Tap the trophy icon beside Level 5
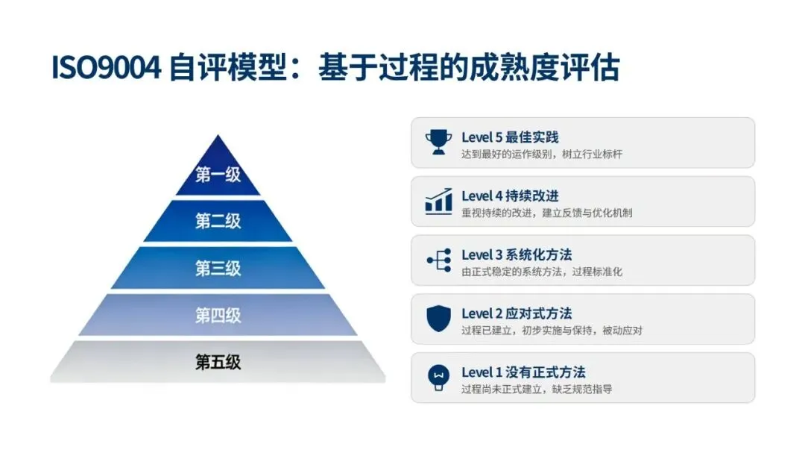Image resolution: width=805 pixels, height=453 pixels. click(x=438, y=142)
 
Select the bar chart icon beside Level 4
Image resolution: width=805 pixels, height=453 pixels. click(x=438, y=201)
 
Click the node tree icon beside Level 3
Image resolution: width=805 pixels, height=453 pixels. click(x=438, y=260)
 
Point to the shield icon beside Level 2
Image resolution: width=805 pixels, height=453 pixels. click(x=438, y=319)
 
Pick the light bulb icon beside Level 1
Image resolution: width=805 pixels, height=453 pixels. click(x=438, y=377)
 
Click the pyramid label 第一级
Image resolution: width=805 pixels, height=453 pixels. click(x=218, y=175)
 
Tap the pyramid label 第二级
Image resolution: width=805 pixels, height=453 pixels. click(x=218, y=221)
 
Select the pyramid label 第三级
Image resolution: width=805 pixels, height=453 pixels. click(x=218, y=268)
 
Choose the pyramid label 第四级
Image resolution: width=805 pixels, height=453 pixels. click(x=218, y=315)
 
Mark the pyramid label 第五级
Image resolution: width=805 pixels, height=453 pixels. click(x=218, y=363)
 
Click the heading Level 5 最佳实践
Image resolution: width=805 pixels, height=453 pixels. click(x=510, y=137)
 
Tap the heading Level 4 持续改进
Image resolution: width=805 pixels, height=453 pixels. click(x=510, y=196)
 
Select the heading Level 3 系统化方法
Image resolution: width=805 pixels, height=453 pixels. click(x=517, y=254)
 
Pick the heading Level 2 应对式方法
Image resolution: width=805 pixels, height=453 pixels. click(x=517, y=313)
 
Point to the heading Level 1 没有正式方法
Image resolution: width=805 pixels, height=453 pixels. click(x=523, y=372)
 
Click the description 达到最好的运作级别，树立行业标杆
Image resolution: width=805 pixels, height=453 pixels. click(x=542, y=154)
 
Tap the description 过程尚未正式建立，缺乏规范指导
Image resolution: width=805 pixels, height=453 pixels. click(x=537, y=389)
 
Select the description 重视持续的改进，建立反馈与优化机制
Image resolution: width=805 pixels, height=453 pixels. click(x=547, y=213)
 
